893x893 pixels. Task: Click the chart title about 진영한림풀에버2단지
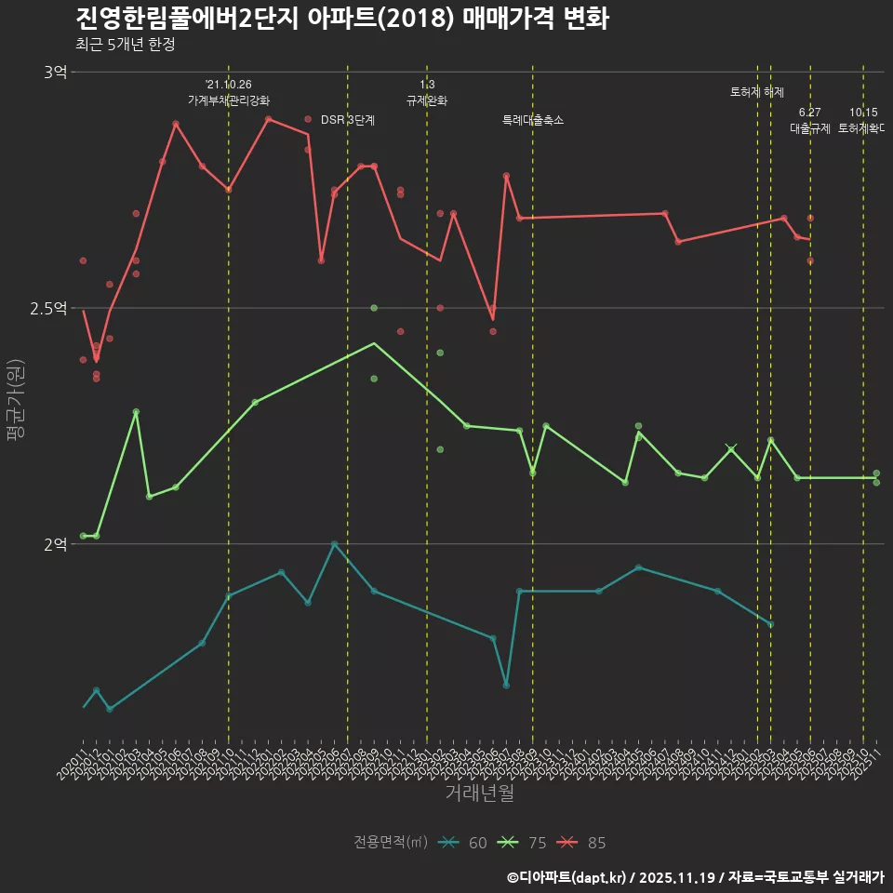341,19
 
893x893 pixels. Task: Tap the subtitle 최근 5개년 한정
125,44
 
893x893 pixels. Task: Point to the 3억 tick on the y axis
55,73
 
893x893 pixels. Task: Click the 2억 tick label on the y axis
55,544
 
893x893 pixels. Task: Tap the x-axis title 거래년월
479,793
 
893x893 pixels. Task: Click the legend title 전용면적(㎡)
390,843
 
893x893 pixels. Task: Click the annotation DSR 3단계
348,120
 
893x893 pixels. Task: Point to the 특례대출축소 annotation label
533,120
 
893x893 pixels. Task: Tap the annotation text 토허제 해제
757,92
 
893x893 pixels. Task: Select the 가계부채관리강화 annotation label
229,100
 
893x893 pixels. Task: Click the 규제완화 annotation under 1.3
427,100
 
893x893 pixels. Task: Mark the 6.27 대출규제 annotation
810,121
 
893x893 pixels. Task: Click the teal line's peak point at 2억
334,544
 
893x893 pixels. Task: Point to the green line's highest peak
374,343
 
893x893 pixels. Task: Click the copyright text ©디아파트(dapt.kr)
569,876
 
